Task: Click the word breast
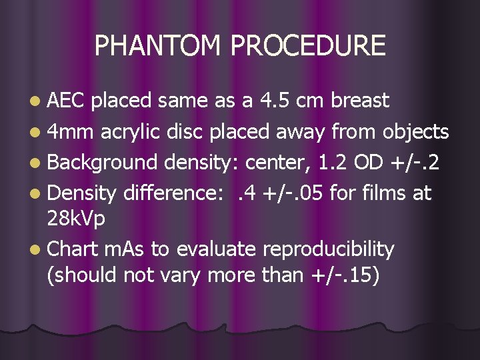point(360,101)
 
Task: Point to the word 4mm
point(71,132)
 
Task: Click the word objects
point(415,132)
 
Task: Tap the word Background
point(103,163)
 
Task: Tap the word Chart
point(75,249)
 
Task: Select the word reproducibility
point(329,249)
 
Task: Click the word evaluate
point(216,249)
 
